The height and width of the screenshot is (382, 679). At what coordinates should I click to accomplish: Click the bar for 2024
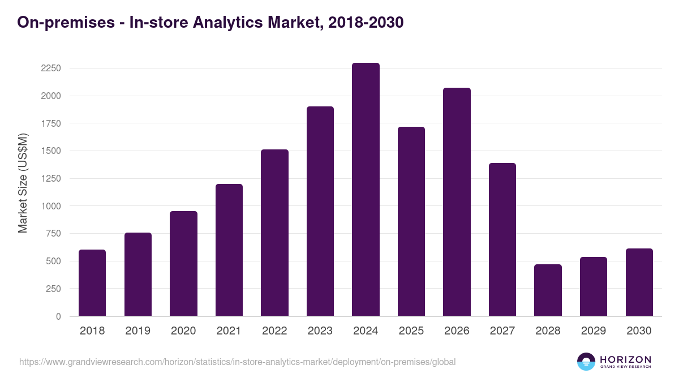(366, 190)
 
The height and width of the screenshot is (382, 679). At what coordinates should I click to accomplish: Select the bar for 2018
(92, 283)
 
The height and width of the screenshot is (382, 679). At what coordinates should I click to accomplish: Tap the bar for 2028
(548, 290)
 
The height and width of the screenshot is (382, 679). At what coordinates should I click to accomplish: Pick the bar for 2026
(457, 202)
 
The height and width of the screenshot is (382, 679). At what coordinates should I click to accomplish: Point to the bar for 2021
(229, 250)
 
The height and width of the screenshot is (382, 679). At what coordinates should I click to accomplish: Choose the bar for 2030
(639, 282)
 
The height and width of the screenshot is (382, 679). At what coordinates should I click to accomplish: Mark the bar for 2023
(320, 211)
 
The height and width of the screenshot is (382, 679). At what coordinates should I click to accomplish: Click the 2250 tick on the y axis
(50, 68)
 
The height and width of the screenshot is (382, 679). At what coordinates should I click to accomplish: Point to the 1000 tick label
(50, 207)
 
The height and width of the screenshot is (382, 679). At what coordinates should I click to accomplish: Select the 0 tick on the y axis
(58, 316)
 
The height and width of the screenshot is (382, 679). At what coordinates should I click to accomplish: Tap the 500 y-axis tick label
(53, 261)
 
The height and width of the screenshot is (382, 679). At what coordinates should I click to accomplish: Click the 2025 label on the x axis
(411, 331)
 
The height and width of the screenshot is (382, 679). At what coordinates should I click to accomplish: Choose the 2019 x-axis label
(138, 331)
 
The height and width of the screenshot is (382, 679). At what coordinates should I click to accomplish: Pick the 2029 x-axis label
(594, 331)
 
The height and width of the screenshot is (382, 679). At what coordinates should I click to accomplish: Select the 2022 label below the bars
(274, 331)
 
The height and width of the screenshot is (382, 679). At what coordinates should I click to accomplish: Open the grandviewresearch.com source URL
(237, 362)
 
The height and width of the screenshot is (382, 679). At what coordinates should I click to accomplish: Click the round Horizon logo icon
(586, 362)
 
